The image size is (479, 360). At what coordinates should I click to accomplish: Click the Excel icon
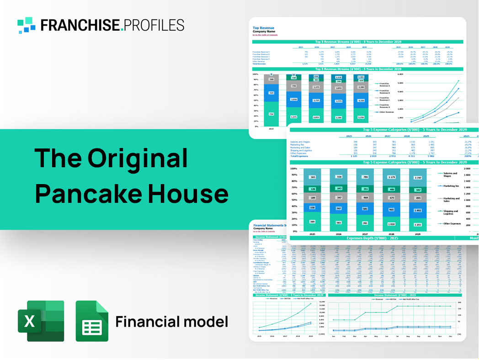pos(41,321)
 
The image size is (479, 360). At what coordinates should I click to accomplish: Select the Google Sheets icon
pos(92,321)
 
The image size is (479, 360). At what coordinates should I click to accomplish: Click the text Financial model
pos(171,322)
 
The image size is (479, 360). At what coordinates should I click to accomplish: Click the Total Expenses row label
pos(300,156)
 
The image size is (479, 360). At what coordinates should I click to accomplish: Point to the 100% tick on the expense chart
pos(294,169)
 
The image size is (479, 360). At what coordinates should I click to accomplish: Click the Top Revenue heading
pos(263,28)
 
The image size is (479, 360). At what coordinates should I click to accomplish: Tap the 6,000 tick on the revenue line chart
pos(400,74)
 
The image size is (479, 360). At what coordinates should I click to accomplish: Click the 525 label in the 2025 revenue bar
pos(271,93)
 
